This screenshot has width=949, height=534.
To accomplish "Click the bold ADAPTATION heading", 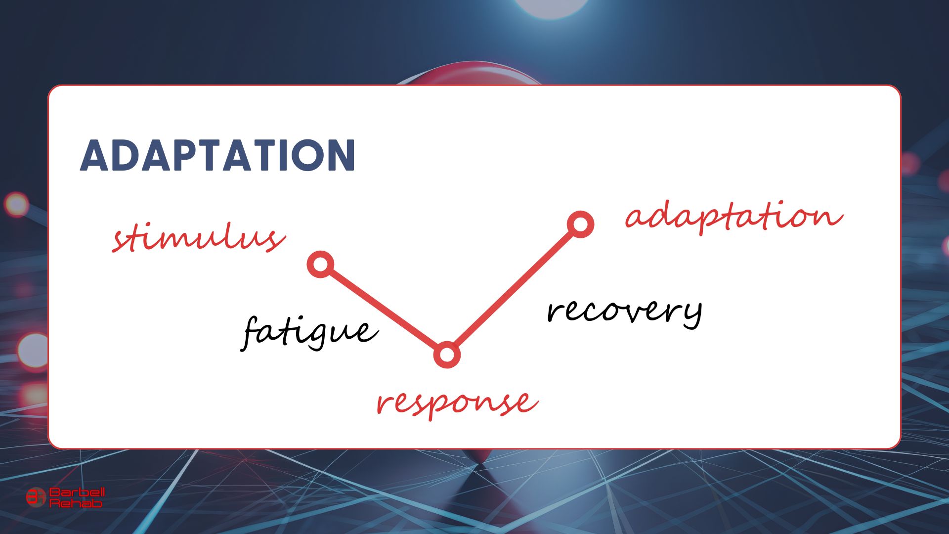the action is point(217,155).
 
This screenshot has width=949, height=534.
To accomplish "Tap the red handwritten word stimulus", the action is point(198,238).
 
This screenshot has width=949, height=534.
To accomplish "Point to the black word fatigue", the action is point(309,332).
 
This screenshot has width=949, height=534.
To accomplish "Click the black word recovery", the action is point(625,312).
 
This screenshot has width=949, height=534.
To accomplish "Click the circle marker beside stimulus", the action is point(321,264).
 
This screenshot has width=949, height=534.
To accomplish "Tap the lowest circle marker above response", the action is point(447,355).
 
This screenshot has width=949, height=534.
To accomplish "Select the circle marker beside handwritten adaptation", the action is point(580,224).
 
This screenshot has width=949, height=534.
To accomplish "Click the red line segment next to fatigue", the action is point(384,309).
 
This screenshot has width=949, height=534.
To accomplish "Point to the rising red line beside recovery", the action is point(514,289).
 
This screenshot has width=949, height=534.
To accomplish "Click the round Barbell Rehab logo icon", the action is point(36,496).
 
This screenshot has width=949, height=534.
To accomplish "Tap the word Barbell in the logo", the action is point(77,492).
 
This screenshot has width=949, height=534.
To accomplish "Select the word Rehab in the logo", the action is point(76,503).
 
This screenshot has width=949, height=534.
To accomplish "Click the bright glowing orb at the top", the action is point(551,6).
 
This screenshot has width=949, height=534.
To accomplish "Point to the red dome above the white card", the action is point(470,74).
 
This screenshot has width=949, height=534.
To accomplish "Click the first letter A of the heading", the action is point(97,155).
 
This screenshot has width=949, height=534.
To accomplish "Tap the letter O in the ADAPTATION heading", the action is point(302,155).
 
